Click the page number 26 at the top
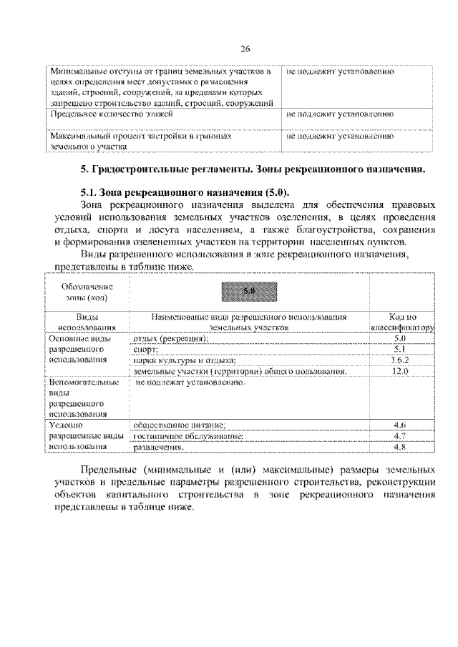[x=244, y=49]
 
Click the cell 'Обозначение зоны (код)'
[x=87, y=291]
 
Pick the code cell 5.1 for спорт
[x=401, y=349]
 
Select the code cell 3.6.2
[x=401, y=360]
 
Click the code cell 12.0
[x=401, y=372]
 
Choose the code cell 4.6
[x=401, y=425]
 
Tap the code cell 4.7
[x=401, y=436]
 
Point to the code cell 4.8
[x=401, y=448]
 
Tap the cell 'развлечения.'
[x=159, y=448]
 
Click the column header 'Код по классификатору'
[x=401, y=320]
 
